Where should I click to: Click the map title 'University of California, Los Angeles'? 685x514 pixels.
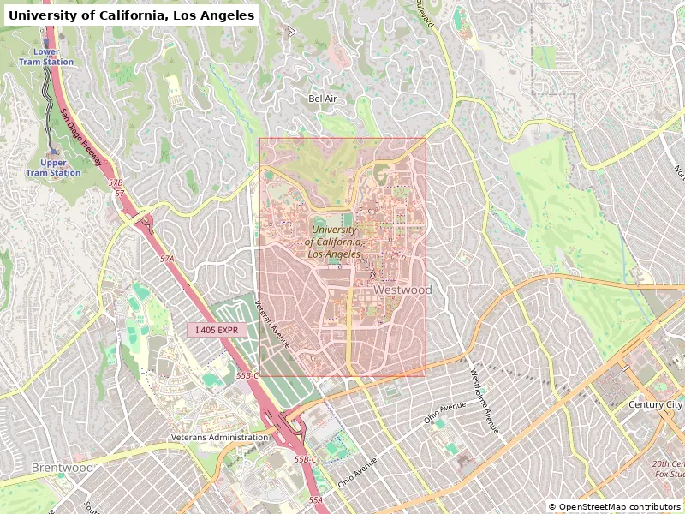[131, 15]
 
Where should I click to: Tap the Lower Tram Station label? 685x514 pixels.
[46, 57]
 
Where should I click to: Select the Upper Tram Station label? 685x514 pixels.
[53, 168]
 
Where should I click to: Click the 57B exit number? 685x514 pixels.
[116, 182]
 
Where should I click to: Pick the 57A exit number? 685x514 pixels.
[166, 258]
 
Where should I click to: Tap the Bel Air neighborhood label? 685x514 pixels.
[322, 99]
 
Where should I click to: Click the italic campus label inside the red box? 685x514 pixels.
[335, 242]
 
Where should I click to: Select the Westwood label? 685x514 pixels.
[402, 290]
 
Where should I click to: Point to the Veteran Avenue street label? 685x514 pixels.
[272, 325]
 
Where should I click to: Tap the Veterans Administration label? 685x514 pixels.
[219, 438]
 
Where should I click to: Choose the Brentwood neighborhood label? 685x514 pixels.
[63, 468]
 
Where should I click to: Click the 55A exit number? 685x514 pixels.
[316, 499]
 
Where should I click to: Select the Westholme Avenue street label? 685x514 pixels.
[484, 401]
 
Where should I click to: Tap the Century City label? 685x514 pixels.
[656, 404]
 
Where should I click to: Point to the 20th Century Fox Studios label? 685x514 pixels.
[669, 469]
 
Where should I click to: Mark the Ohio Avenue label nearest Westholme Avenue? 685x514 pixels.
[444, 413]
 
